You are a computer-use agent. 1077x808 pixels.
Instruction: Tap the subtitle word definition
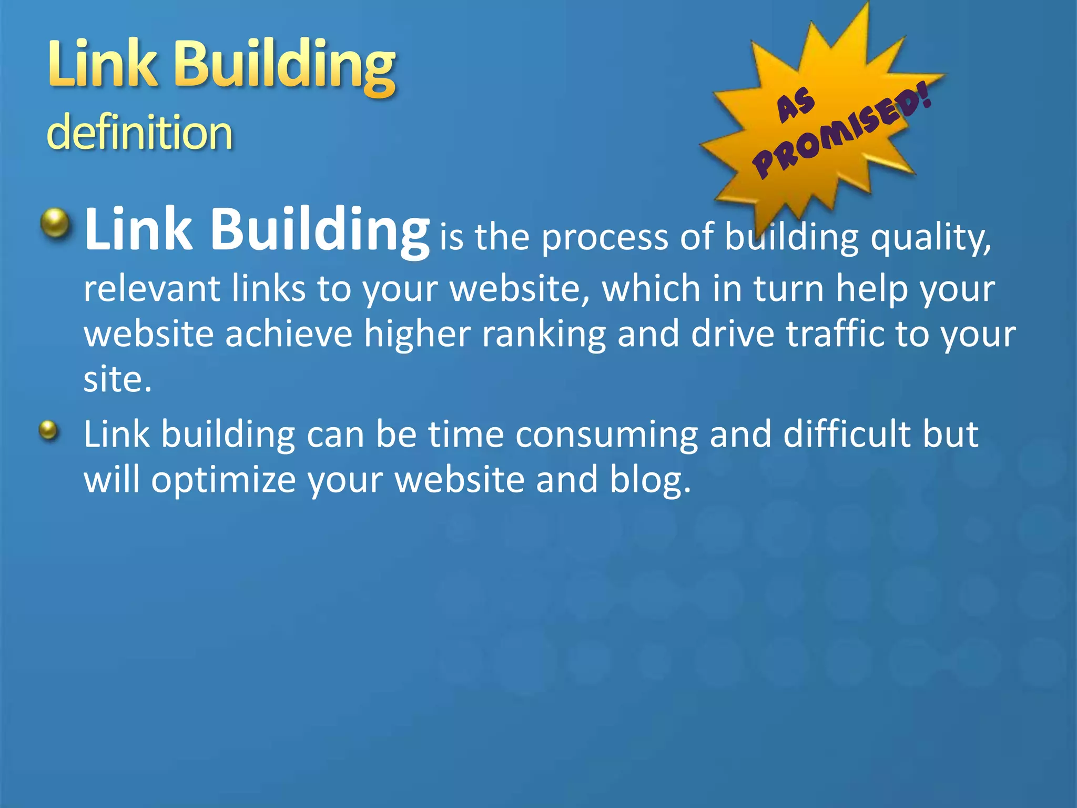[139, 132]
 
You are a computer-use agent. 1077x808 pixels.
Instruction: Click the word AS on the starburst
[796, 105]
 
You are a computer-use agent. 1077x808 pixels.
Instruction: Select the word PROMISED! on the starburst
[842, 134]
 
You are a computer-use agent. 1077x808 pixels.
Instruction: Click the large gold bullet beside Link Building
[55, 223]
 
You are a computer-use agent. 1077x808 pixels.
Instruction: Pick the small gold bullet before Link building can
[48, 430]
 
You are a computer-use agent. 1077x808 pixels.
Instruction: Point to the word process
[605, 237]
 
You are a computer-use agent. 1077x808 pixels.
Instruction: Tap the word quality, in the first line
[931, 238]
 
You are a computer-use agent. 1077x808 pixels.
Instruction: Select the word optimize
[223, 480]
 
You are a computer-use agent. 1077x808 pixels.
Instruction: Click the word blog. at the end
[650, 480]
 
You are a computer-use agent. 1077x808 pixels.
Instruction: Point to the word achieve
[289, 334]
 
